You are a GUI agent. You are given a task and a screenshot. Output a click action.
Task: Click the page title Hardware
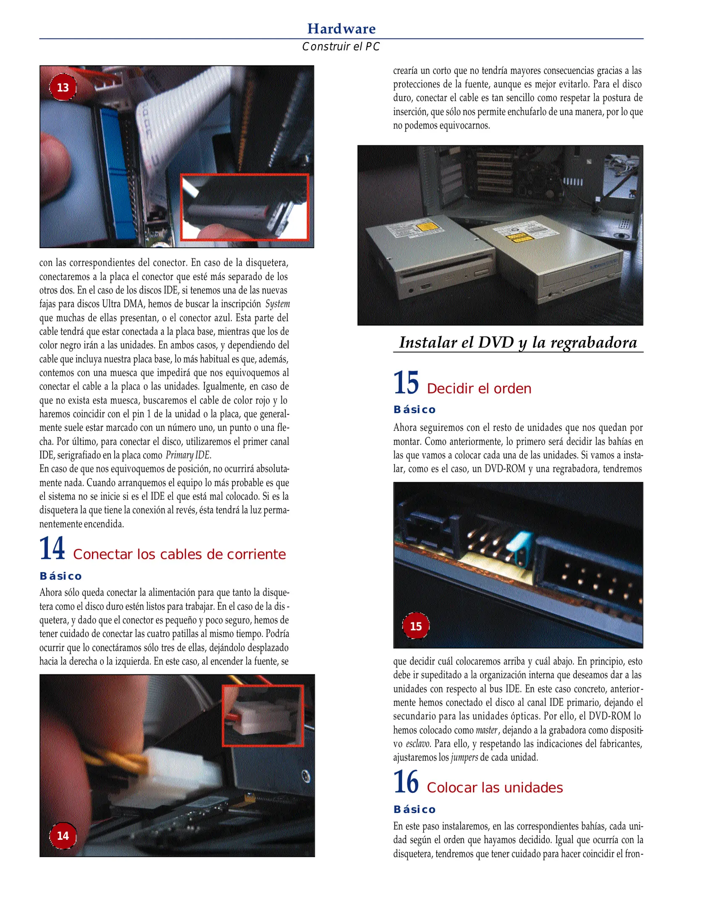341,29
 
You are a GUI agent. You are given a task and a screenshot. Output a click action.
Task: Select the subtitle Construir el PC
341,47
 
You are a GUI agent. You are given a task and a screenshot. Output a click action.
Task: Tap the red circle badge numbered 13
63,87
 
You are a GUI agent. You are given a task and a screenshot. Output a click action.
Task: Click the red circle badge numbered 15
415,626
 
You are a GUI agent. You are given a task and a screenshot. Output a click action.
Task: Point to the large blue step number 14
52,548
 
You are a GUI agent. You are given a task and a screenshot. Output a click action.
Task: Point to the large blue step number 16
406,782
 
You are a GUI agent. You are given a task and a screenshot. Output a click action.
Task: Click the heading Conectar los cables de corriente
179,554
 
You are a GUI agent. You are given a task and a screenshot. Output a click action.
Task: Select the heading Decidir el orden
479,388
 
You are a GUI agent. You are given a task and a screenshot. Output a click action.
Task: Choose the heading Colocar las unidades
494,787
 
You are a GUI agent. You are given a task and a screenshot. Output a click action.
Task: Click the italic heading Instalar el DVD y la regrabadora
517,342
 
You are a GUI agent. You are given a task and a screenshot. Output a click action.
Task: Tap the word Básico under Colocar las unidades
414,809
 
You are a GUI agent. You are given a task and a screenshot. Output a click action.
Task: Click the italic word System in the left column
278,304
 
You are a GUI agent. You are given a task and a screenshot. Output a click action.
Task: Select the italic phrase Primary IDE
188,455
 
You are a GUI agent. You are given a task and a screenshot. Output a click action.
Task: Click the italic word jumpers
464,758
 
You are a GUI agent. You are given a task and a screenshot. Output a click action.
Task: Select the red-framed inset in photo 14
263,716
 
